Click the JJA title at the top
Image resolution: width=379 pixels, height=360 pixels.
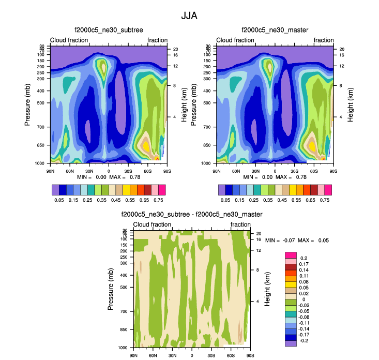coord(189,16)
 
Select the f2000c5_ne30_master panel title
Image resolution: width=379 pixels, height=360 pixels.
coord(275,31)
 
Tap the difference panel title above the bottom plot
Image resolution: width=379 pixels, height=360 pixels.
coord(192,214)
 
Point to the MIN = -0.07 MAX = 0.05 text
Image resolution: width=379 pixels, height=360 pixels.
coord(297,241)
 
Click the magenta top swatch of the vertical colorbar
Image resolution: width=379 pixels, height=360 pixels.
coord(292,255)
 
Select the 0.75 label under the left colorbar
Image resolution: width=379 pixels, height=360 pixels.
coord(158,199)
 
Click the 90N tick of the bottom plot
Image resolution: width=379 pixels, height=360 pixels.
coord(133,356)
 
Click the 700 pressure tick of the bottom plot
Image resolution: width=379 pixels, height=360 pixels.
coord(126,311)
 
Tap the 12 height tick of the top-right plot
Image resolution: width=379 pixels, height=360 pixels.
coord(335,66)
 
